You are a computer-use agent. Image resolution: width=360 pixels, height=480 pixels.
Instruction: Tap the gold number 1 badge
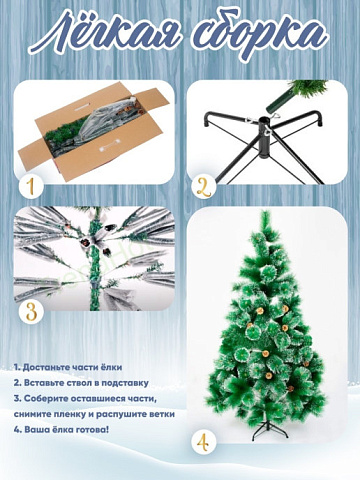[x=31, y=187]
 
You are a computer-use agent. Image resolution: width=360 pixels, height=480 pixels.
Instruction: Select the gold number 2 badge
[x=204, y=187]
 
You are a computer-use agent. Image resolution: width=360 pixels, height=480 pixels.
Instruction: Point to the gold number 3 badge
[x=31, y=313]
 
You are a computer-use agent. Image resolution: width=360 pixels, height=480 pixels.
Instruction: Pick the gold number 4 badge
[x=204, y=443]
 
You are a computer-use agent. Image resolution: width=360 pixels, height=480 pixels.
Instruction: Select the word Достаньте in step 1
[x=46, y=368]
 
